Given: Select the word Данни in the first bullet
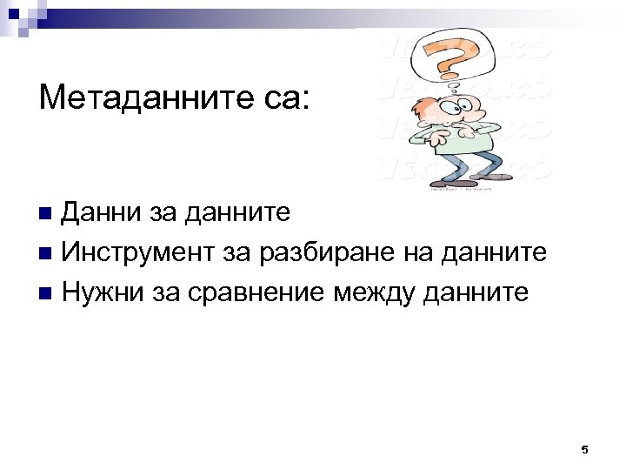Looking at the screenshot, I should point(96,212).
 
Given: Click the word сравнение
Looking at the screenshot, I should point(245,292).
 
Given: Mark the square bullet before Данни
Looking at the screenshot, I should point(46,213).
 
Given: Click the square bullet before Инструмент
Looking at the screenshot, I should point(46,253).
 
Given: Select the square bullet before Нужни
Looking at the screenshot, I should point(46,293).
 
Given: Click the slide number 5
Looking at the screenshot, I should point(584,450).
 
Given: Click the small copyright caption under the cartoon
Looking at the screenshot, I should point(461,186).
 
